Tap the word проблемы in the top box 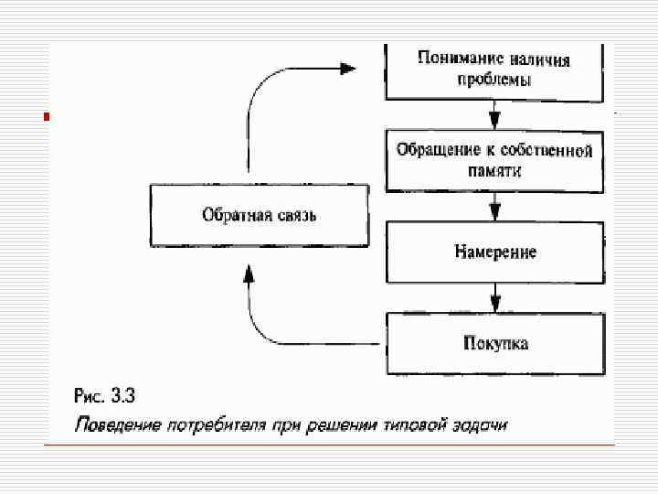click(493, 80)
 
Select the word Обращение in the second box click(431, 149)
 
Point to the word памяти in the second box click(494, 170)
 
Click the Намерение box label click(494, 251)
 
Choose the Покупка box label click(494, 343)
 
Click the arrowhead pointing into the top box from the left click(346, 69)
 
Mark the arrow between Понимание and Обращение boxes click(494, 116)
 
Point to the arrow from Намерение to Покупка click(494, 297)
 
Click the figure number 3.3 click(122, 397)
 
